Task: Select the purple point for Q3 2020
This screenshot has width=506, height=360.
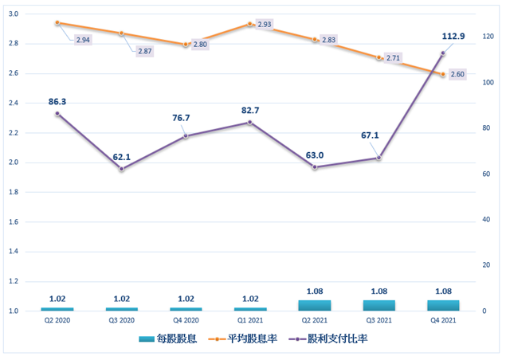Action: coord(121,169)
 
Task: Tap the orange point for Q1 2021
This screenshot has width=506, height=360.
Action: coord(250,24)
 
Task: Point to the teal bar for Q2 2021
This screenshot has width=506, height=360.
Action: coord(315,305)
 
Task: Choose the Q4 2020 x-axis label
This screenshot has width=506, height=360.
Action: coord(186,320)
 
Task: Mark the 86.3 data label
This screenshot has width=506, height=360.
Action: coord(57,102)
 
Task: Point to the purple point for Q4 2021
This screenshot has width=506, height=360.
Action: coord(443,53)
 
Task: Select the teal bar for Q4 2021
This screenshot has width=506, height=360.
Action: coord(443,305)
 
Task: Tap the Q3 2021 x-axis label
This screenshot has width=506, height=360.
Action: coord(379,320)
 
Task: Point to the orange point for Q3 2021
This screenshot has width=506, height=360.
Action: coord(379,57)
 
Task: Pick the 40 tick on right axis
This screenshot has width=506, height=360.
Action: coord(485,219)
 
